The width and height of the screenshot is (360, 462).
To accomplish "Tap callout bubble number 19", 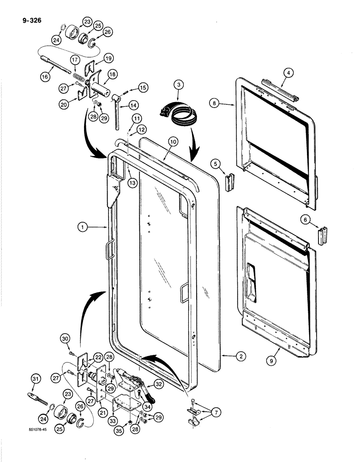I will (108, 58).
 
